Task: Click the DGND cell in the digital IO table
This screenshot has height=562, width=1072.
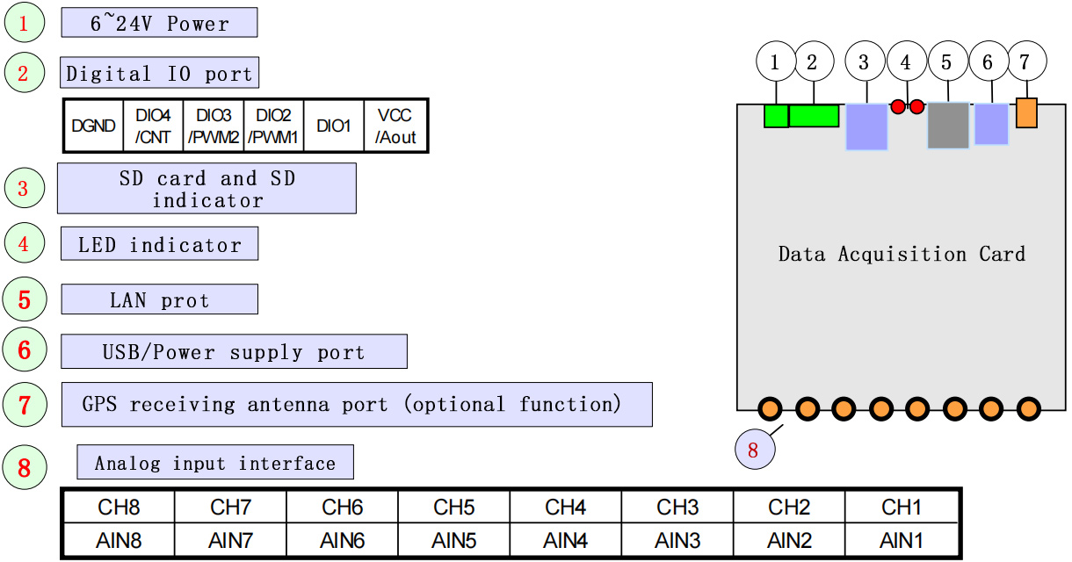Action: (x=94, y=126)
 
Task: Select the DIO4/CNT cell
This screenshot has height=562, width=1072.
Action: (x=154, y=126)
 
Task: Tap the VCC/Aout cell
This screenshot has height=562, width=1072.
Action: (x=395, y=126)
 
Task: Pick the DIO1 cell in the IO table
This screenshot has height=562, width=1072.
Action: (x=333, y=126)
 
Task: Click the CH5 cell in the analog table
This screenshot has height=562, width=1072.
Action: (x=454, y=507)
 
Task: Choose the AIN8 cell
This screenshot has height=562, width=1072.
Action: (x=119, y=541)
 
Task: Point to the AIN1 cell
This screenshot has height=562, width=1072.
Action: (x=902, y=541)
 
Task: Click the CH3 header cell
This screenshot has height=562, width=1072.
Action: (x=677, y=507)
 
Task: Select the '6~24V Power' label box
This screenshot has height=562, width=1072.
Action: (x=159, y=23)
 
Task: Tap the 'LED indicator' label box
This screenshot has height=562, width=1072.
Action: (x=159, y=244)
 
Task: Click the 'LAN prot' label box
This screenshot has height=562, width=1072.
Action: (x=159, y=299)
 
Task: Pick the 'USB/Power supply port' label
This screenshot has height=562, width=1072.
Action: (x=234, y=351)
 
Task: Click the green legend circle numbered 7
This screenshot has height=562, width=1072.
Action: (x=25, y=405)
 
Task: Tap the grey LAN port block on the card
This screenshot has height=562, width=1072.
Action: (x=948, y=125)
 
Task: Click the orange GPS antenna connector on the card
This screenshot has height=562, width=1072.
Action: (x=1026, y=113)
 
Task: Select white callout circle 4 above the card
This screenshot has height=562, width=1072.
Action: (x=906, y=62)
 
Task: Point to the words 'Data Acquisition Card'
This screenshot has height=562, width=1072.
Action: (x=902, y=255)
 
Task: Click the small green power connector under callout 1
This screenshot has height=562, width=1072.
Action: (x=776, y=116)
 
